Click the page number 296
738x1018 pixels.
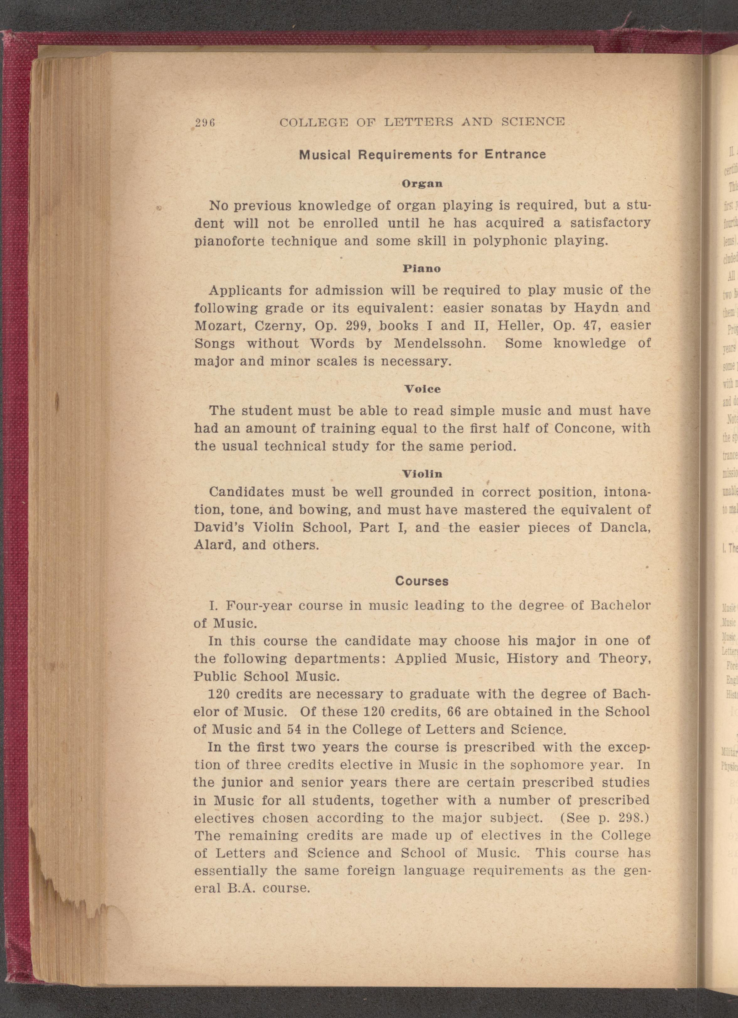(x=205, y=122)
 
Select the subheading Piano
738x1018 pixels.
(x=422, y=269)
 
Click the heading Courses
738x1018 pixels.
(x=422, y=581)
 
